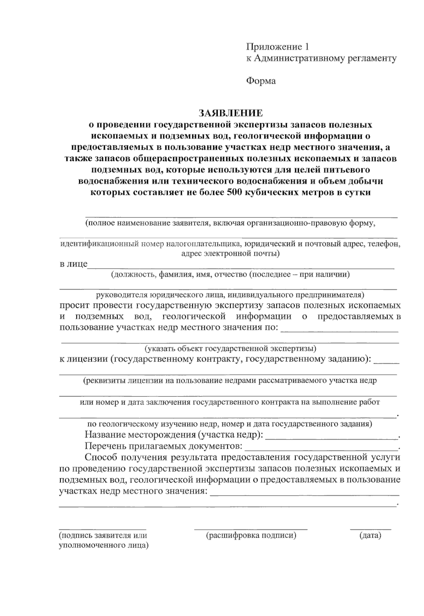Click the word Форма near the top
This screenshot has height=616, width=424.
[261, 81]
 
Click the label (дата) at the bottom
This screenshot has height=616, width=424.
[370, 536]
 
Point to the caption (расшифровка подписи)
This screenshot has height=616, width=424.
[251, 536]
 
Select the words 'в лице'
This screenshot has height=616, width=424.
[73, 264]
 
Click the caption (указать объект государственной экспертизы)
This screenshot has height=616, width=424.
[230, 349]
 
